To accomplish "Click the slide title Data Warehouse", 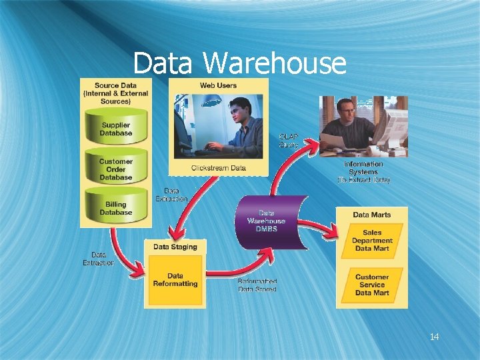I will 239,64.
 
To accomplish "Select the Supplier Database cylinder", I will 116,129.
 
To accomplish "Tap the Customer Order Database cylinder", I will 116,169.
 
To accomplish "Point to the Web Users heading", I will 218,85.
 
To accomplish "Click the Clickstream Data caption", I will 218,167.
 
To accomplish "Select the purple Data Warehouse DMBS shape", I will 267,221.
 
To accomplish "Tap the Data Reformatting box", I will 175,280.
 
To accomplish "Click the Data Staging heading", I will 175,247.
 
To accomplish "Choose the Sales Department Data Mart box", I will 372,241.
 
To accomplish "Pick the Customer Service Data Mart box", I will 372,285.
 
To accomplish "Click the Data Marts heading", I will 372,215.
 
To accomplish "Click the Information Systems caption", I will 363,171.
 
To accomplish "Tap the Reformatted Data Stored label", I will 257,285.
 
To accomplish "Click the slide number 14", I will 434,337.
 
